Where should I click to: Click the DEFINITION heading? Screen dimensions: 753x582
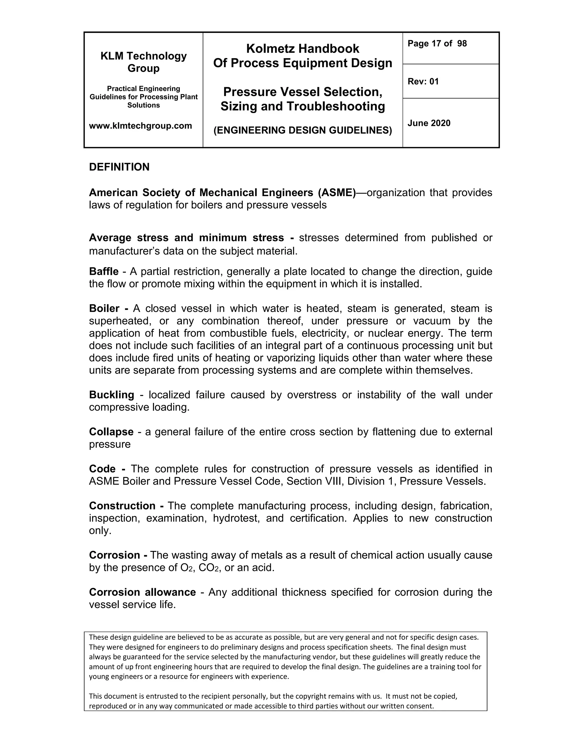[x=119, y=167]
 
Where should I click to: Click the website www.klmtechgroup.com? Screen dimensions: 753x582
[x=140, y=126]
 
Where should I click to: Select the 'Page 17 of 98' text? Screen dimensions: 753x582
[x=437, y=43]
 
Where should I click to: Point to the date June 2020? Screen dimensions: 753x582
[x=429, y=123]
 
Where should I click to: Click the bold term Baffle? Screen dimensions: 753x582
[x=103, y=271]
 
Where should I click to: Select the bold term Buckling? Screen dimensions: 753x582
[x=111, y=394]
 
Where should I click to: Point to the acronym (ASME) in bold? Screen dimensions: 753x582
[x=336, y=192]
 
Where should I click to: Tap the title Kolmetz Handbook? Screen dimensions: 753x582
[x=302, y=49]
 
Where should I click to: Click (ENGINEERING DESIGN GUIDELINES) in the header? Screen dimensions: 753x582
[x=302, y=130]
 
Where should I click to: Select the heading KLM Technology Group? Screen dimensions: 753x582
[x=144, y=62]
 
